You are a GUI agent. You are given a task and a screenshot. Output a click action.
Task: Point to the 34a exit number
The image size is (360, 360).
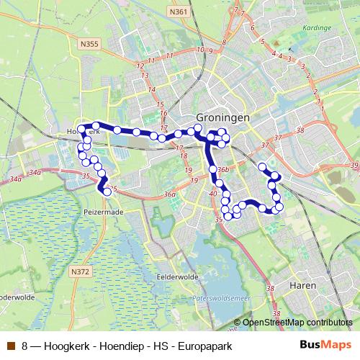coord(34,173)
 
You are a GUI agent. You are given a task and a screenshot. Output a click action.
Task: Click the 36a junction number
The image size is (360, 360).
coord(170,194)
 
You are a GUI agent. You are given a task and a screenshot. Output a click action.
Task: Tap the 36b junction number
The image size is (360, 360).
coord(222,169)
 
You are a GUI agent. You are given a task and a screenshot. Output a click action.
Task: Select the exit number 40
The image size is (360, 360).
coord(213,194)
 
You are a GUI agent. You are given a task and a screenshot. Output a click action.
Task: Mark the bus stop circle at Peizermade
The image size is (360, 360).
coord(107,192)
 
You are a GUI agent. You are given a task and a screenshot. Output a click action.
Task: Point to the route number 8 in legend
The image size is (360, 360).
coord(25,346)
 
